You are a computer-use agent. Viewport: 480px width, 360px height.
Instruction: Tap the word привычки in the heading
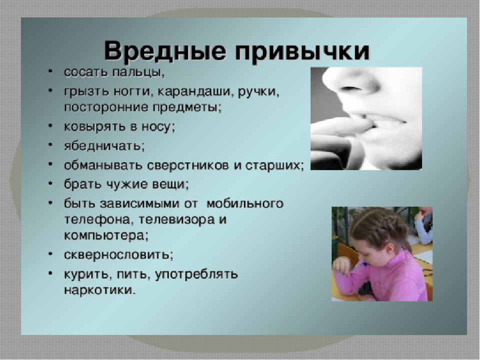[x=302, y=51]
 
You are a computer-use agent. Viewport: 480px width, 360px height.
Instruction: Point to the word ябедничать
[x=104, y=146]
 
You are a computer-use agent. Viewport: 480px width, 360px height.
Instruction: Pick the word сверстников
[x=188, y=165]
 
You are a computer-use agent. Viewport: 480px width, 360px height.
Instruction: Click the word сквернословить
[x=118, y=255]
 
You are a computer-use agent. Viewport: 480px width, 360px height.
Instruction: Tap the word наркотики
[x=99, y=290]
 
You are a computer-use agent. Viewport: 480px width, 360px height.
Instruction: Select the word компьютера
[x=106, y=235]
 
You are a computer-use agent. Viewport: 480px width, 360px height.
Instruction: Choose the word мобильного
[x=245, y=203]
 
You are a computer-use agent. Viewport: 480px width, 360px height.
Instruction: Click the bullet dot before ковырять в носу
[x=50, y=125]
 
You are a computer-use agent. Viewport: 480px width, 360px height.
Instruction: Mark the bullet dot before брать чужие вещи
[x=50, y=183]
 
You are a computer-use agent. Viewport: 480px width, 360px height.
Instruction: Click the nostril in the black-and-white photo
[x=351, y=89]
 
